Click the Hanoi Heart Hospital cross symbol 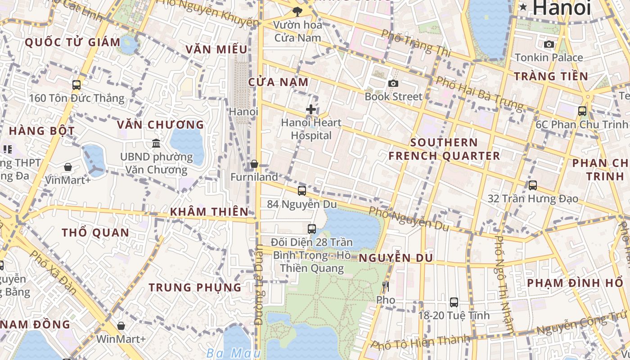(x=310, y=109)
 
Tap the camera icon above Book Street (x=393, y=83)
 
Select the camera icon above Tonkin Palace (x=549, y=44)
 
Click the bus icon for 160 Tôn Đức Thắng (x=76, y=85)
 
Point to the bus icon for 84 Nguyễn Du (x=302, y=190)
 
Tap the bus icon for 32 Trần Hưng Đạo (x=533, y=185)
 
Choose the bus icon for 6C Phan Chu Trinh (x=582, y=111)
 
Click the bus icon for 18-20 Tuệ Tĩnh (x=454, y=302)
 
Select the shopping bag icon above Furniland (x=254, y=164)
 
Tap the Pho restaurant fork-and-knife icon (x=385, y=286)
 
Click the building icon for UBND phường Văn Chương (x=156, y=143)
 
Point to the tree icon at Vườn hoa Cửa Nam (x=297, y=12)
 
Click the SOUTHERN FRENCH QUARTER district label (x=444, y=149)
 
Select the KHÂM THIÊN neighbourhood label (x=209, y=211)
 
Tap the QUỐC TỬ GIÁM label (x=73, y=43)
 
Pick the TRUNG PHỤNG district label (x=195, y=287)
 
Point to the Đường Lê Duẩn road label (x=259, y=284)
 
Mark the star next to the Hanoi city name (x=523, y=7)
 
